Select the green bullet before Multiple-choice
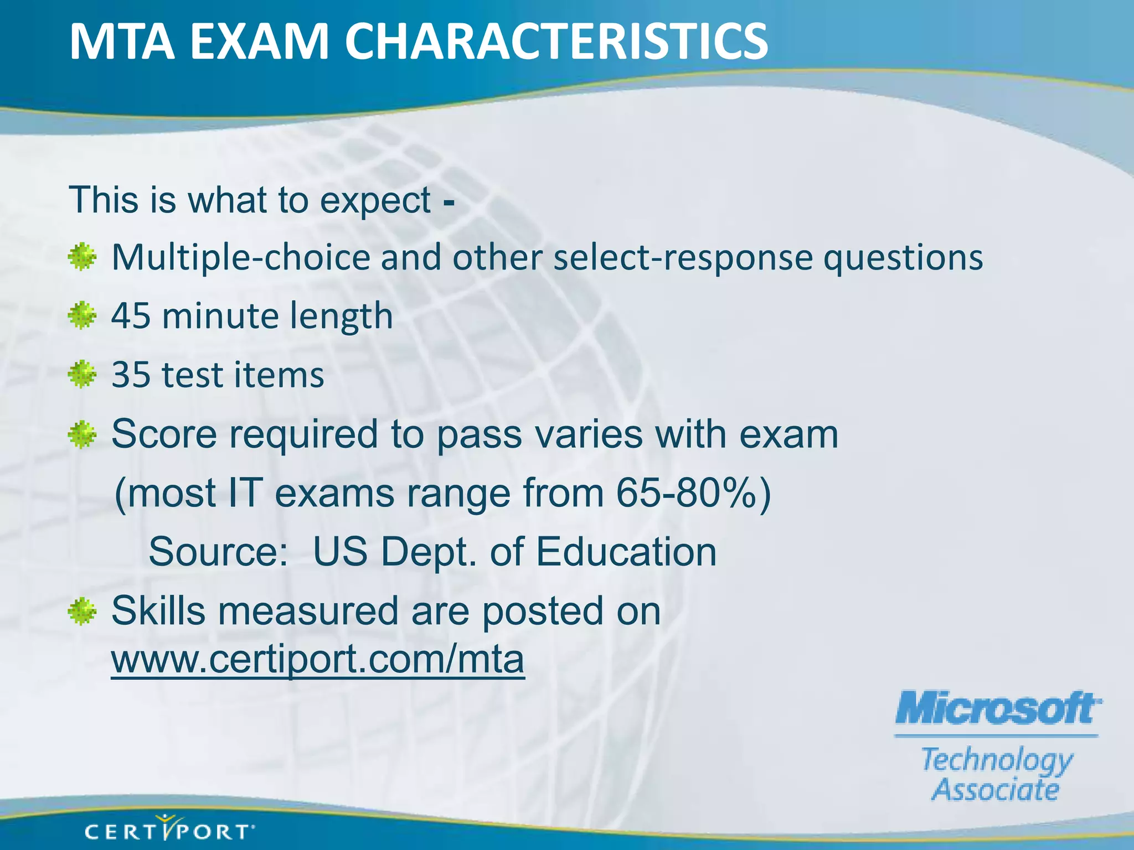point(82,257)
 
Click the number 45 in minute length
point(131,316)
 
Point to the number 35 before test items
point(131,375)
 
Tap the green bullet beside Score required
point(82,434)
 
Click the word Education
point(626,552)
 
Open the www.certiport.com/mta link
point(317,660)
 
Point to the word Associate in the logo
point(996,789)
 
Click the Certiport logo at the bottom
point(169,830)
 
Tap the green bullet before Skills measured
point(82,611)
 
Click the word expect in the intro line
point(375,200)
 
